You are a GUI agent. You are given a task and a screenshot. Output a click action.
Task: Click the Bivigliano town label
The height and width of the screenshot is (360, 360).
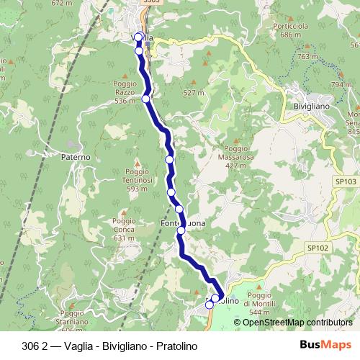click(x=312, y=106)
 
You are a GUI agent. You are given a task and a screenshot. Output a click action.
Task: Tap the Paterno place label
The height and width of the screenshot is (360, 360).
click(x=76, y=156)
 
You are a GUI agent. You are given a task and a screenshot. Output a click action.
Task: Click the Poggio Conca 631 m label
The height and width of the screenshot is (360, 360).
click(x=124, y=229)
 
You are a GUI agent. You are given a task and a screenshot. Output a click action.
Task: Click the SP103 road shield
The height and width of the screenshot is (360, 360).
click(x=346, y=183)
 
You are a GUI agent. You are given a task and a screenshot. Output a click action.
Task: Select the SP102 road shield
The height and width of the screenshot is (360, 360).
click(x=318, y=248)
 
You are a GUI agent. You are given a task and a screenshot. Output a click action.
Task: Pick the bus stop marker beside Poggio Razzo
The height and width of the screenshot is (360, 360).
click(x=145, y=99)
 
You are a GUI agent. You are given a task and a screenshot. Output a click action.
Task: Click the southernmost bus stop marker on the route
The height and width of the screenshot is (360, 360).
click(x=209, y=305)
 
